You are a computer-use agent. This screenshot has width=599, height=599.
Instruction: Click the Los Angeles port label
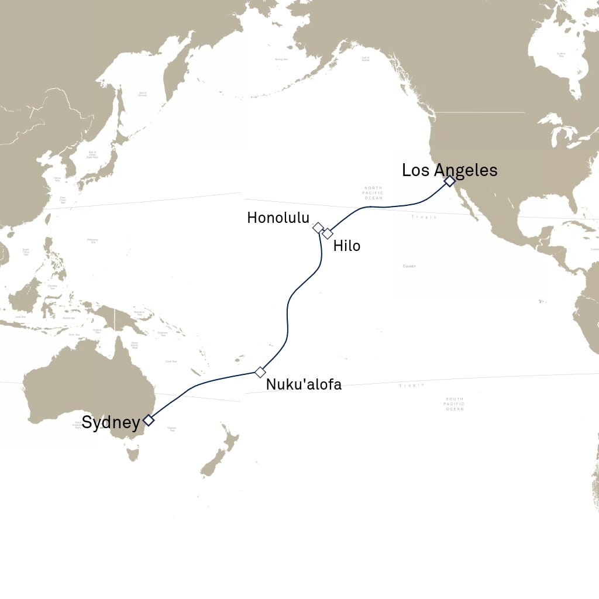coord(449,170)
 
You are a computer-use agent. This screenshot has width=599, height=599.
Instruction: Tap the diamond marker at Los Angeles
coord(449,181)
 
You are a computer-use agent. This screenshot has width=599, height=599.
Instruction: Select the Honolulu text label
coord(278,218)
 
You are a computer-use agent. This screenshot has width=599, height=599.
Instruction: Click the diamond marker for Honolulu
coord(318,228)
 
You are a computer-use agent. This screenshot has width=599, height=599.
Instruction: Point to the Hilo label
coord(347,246)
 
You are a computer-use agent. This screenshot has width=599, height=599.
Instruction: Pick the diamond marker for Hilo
coord(328,233)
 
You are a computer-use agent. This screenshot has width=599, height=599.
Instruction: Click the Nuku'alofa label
coord(304,384)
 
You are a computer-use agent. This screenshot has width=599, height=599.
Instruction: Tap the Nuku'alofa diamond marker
coord(260,372)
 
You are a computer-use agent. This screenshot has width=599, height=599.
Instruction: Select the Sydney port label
coord(111,422)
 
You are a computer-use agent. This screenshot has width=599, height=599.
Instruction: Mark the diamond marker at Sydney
coord(149,420)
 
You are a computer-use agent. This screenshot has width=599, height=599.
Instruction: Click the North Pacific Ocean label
coord(373,193)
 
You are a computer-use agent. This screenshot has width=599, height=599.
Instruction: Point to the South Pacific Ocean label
coord(455,404)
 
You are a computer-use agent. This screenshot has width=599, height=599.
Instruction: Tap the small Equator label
coord(409,266)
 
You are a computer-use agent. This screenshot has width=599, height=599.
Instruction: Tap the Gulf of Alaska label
coord(366,58)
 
